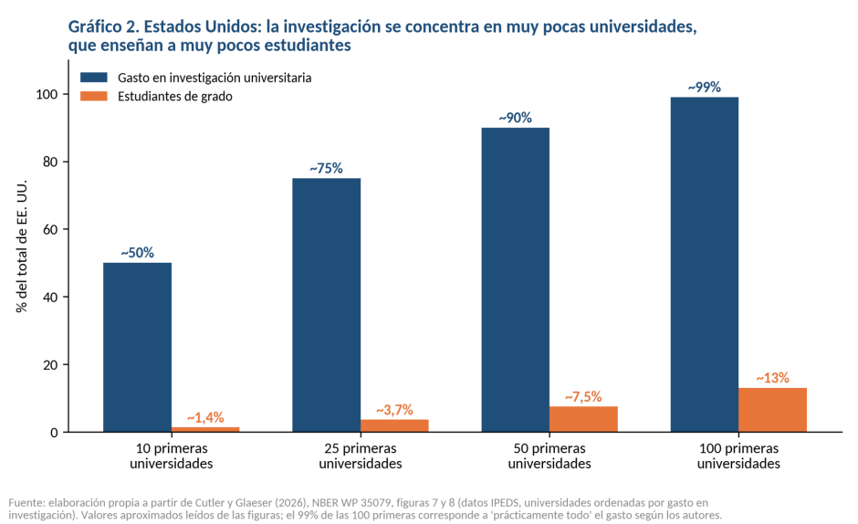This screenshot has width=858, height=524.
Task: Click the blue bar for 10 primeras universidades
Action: (x=137, y=347)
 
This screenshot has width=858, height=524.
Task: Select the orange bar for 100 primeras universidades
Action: (x=772, y=410)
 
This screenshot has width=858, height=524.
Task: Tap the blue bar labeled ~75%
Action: (x=327, y=305)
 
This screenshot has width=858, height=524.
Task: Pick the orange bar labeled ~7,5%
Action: (x=583, y=419)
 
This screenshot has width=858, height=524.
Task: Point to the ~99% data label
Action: (x=705, y=87)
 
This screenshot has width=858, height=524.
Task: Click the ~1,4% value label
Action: (x=205, y=418)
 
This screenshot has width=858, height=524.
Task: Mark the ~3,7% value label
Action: (x=394, y=410)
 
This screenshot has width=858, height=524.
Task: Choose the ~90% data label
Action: (x=515, y=118)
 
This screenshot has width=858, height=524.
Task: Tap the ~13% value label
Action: (x=772, y=378)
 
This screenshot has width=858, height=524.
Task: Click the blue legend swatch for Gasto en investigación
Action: (x=94, y=78)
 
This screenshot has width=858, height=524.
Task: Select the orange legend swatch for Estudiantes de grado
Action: (x=94, y=97)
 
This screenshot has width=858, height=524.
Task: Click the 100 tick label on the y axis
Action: (x=47, y=94)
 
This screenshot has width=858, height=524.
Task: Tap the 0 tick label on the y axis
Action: (x=54, y=433)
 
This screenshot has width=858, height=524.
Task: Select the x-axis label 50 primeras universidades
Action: (x=549, y=456)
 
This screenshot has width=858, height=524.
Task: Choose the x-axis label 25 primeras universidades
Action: (x=361, y=456)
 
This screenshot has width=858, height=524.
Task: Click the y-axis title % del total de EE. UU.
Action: (x=21, y=246)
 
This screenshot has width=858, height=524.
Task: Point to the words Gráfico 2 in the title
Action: (x=102, y=26)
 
